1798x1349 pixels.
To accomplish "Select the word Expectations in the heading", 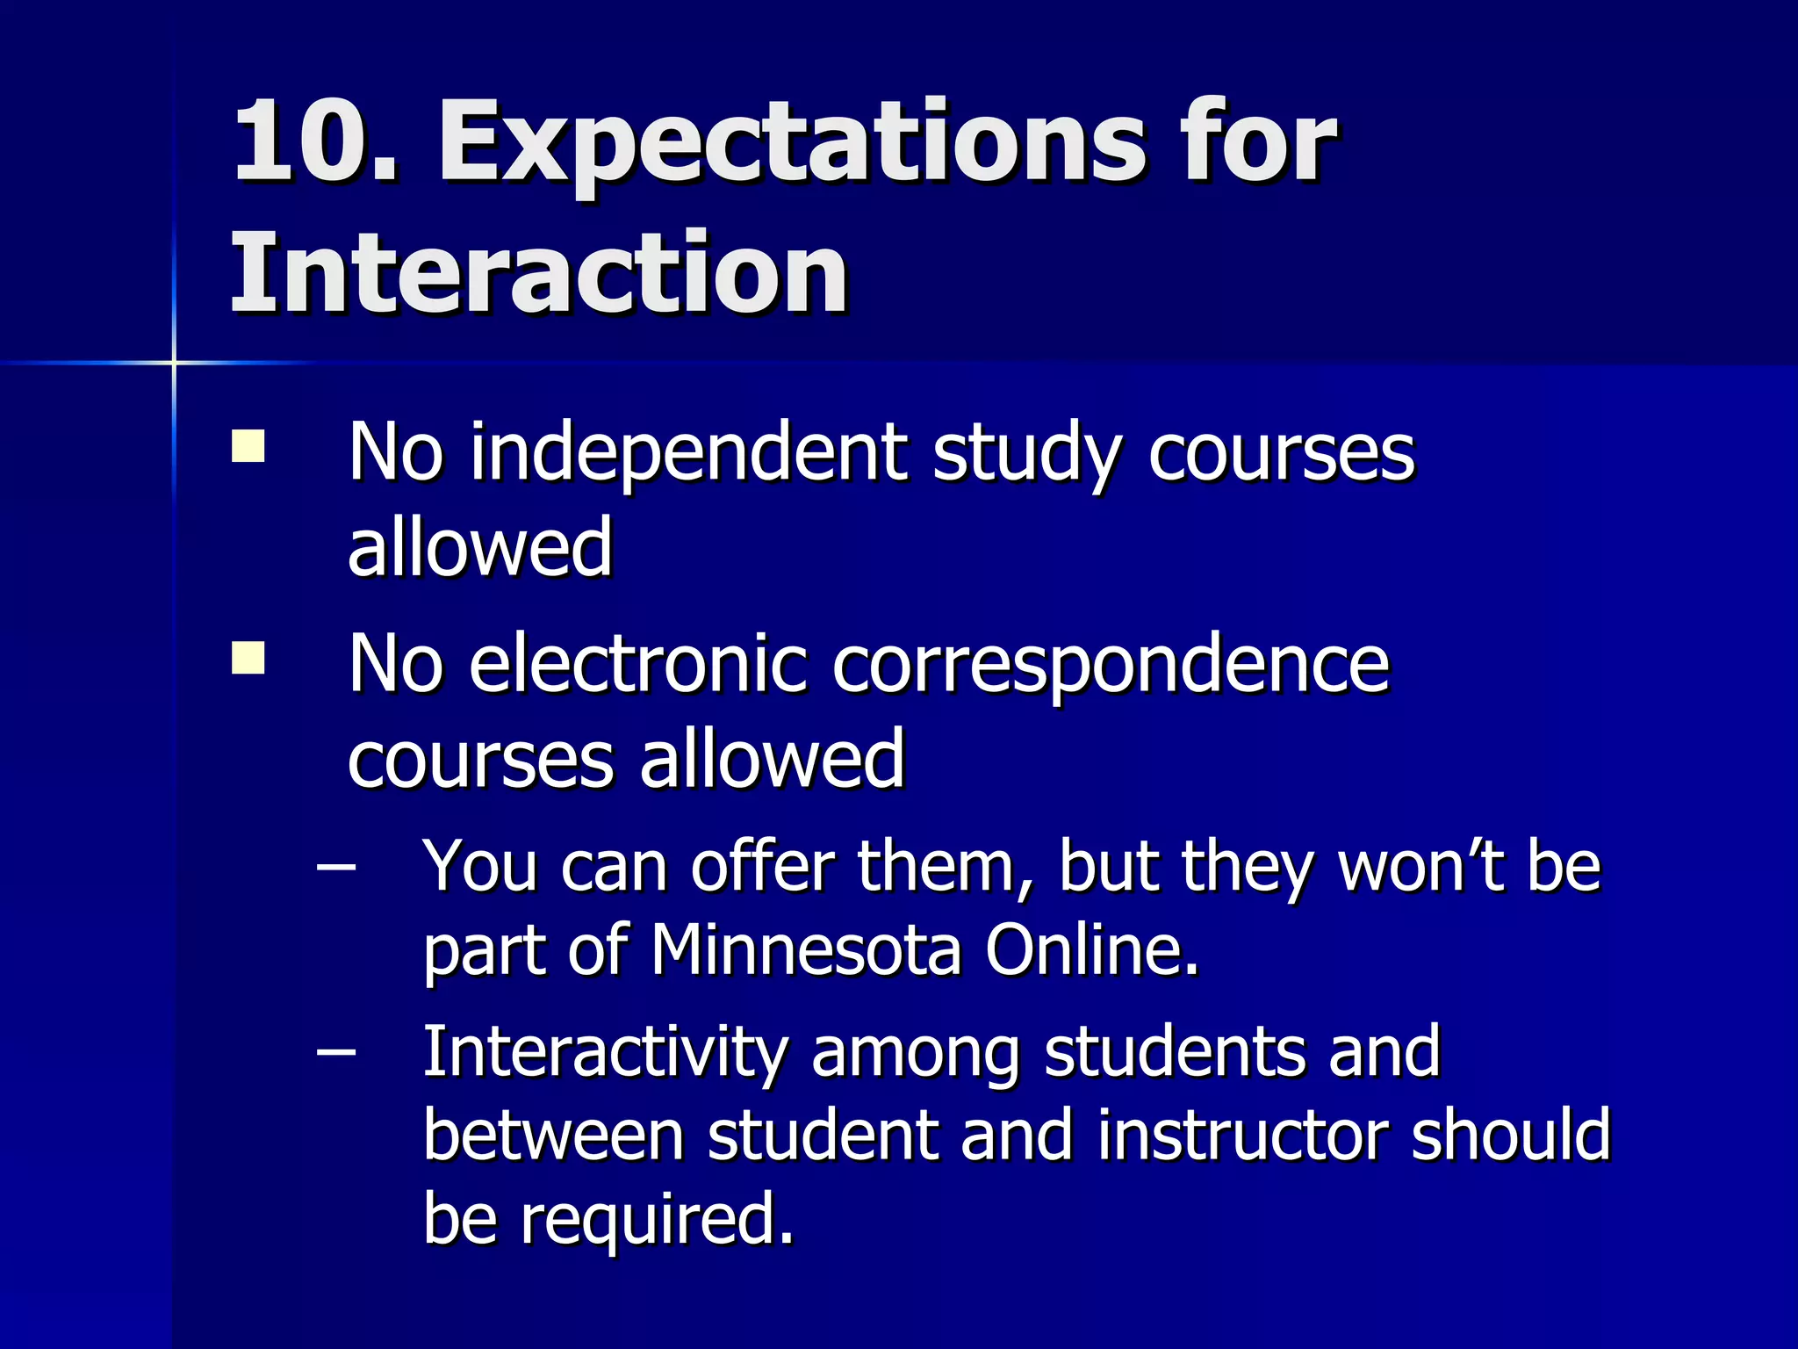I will coord(791,145).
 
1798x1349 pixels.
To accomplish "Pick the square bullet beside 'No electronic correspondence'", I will coord(248,657).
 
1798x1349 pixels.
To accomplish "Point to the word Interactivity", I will coord(604,1052).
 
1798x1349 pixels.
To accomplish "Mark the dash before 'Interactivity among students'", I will coord(336,1051).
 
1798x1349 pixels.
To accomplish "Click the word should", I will coord(1511,1135).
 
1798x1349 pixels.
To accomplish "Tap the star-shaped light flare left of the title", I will coord(174,362).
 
